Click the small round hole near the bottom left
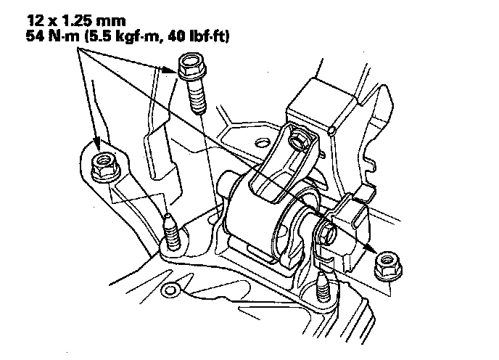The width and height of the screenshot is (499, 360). (x=171, y=292)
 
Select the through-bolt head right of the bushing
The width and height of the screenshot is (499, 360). (x=325, y=233)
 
